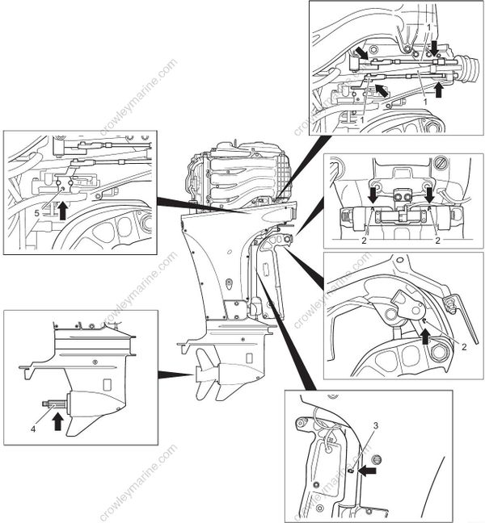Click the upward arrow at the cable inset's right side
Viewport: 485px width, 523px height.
(x=438, y=89)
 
